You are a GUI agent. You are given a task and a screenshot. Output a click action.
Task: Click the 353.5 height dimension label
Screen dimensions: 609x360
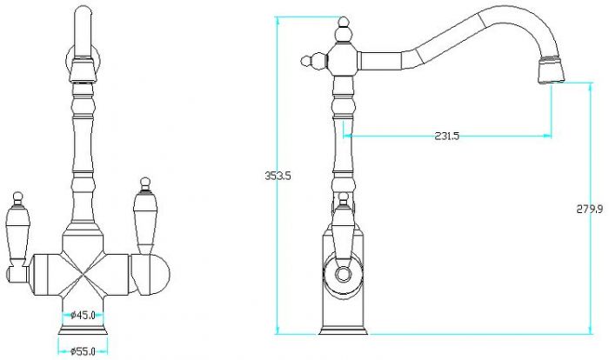(x=278, y=176)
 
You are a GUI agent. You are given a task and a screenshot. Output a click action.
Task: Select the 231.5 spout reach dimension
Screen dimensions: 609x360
(x=446, y=136)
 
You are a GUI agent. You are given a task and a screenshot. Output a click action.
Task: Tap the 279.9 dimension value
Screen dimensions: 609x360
(x=589, y=210)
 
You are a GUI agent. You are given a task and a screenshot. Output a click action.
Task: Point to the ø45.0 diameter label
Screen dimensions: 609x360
(x=84, y=315)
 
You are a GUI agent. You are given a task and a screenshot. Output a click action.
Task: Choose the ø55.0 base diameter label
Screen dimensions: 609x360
(x=83, y=351)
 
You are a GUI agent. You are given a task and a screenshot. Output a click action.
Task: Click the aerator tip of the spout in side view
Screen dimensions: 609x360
(x=551, y=70)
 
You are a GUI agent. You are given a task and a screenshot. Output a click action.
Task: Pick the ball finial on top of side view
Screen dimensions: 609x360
(x=344, y=30)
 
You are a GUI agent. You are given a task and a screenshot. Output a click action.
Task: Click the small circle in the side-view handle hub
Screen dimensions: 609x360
(x=344, y=274)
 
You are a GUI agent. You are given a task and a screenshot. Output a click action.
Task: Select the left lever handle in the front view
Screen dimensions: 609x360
(x=17, y=237)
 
